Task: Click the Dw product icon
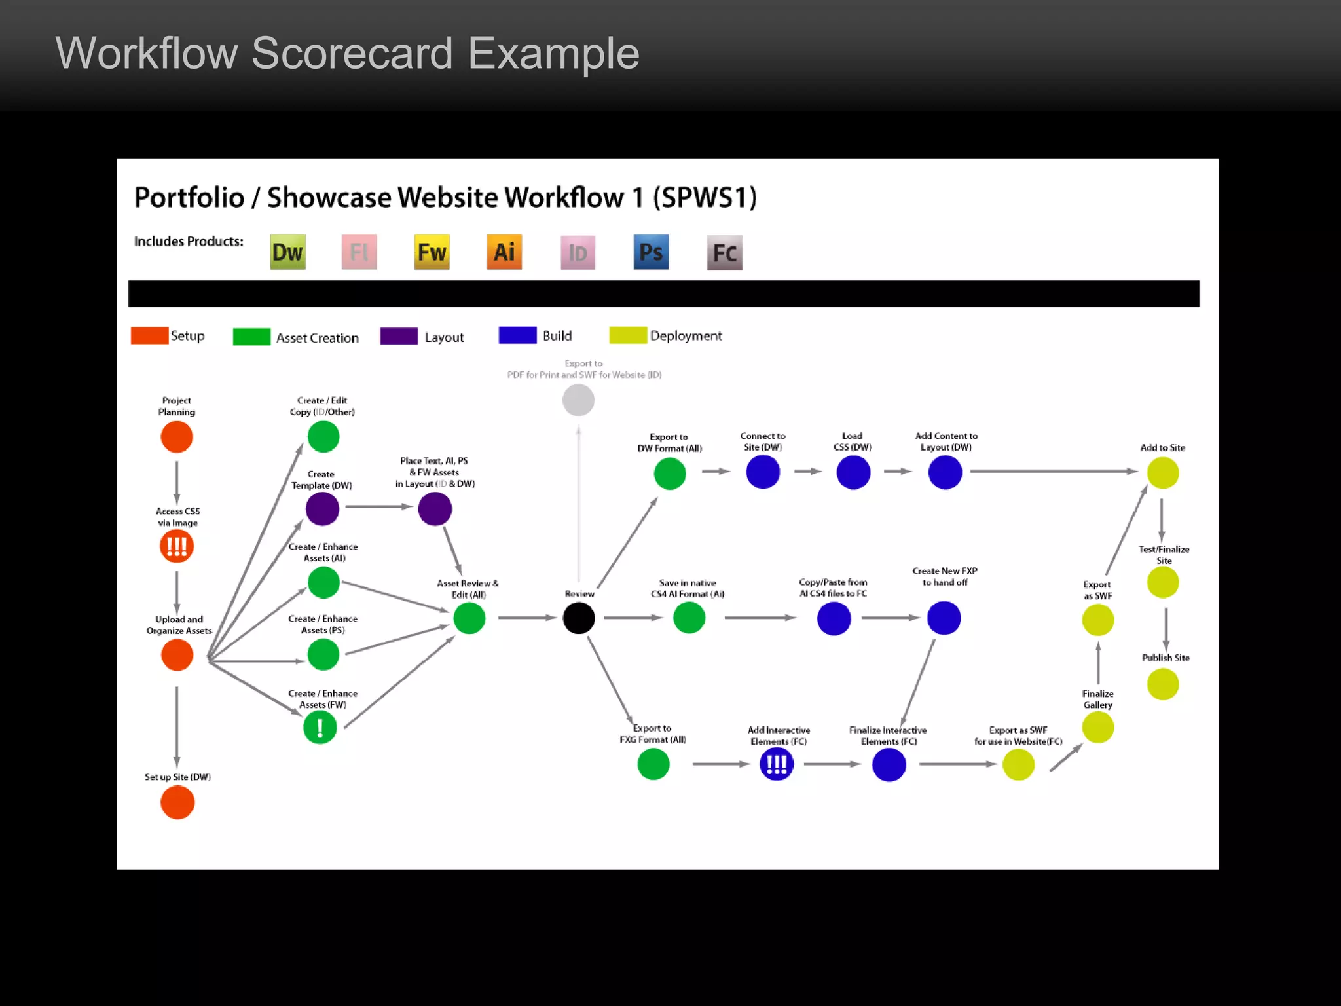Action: [x=287, y=252]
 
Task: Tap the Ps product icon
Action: [x=651, y=252]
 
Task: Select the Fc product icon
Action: [x=724, y=253]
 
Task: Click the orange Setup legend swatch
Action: [x=149, y=336]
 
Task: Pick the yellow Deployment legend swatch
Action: [x=627, y=335]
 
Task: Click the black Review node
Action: [x=579, y=618]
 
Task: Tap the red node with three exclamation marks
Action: [x=177, y=546]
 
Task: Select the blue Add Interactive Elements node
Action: [x=777, y=764]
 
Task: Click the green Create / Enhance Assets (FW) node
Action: [x=320, y=728]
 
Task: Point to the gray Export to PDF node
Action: [x=578, y=400]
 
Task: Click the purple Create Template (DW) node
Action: [x=322, y=509]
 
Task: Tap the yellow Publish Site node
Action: [x=1163, y=684]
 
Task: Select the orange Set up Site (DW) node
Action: [x=177, y=802]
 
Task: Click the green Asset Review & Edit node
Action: [x=469, y=618]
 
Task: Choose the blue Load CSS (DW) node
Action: [x=853, y=472]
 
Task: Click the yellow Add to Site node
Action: [x=1163, y=473]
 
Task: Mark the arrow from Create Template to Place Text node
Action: [x=378, y=507]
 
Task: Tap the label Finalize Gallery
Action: [x=1097, y=699]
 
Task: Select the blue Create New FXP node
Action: [x=944, y=618]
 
